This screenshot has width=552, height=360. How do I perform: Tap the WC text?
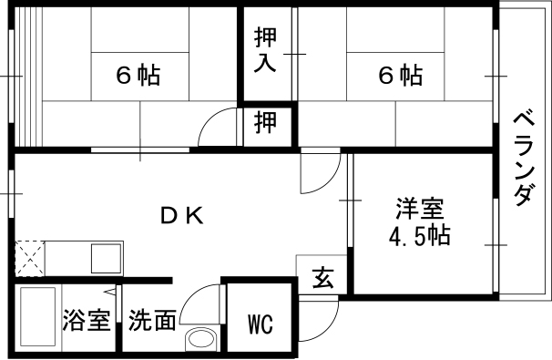click(x=261, y=323)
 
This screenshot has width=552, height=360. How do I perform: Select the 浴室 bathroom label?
click(x=87, y=321)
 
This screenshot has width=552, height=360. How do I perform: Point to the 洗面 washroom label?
click(x=151, y=321)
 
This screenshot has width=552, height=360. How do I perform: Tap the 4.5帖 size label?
click(x=420, y=237)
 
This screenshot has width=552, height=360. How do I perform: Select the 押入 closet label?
click(x=266, y=52)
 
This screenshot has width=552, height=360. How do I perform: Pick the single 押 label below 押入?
click(x=266, y=123)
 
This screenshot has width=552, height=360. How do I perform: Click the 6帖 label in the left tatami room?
click(x=137, y=76)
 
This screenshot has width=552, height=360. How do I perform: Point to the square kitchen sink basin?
click(x=105, y=257)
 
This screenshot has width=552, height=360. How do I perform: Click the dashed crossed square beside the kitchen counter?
click(x=28, y=255)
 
